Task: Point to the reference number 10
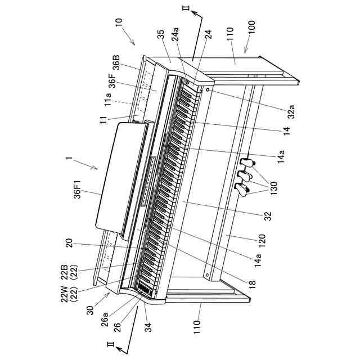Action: tap(118, 24)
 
